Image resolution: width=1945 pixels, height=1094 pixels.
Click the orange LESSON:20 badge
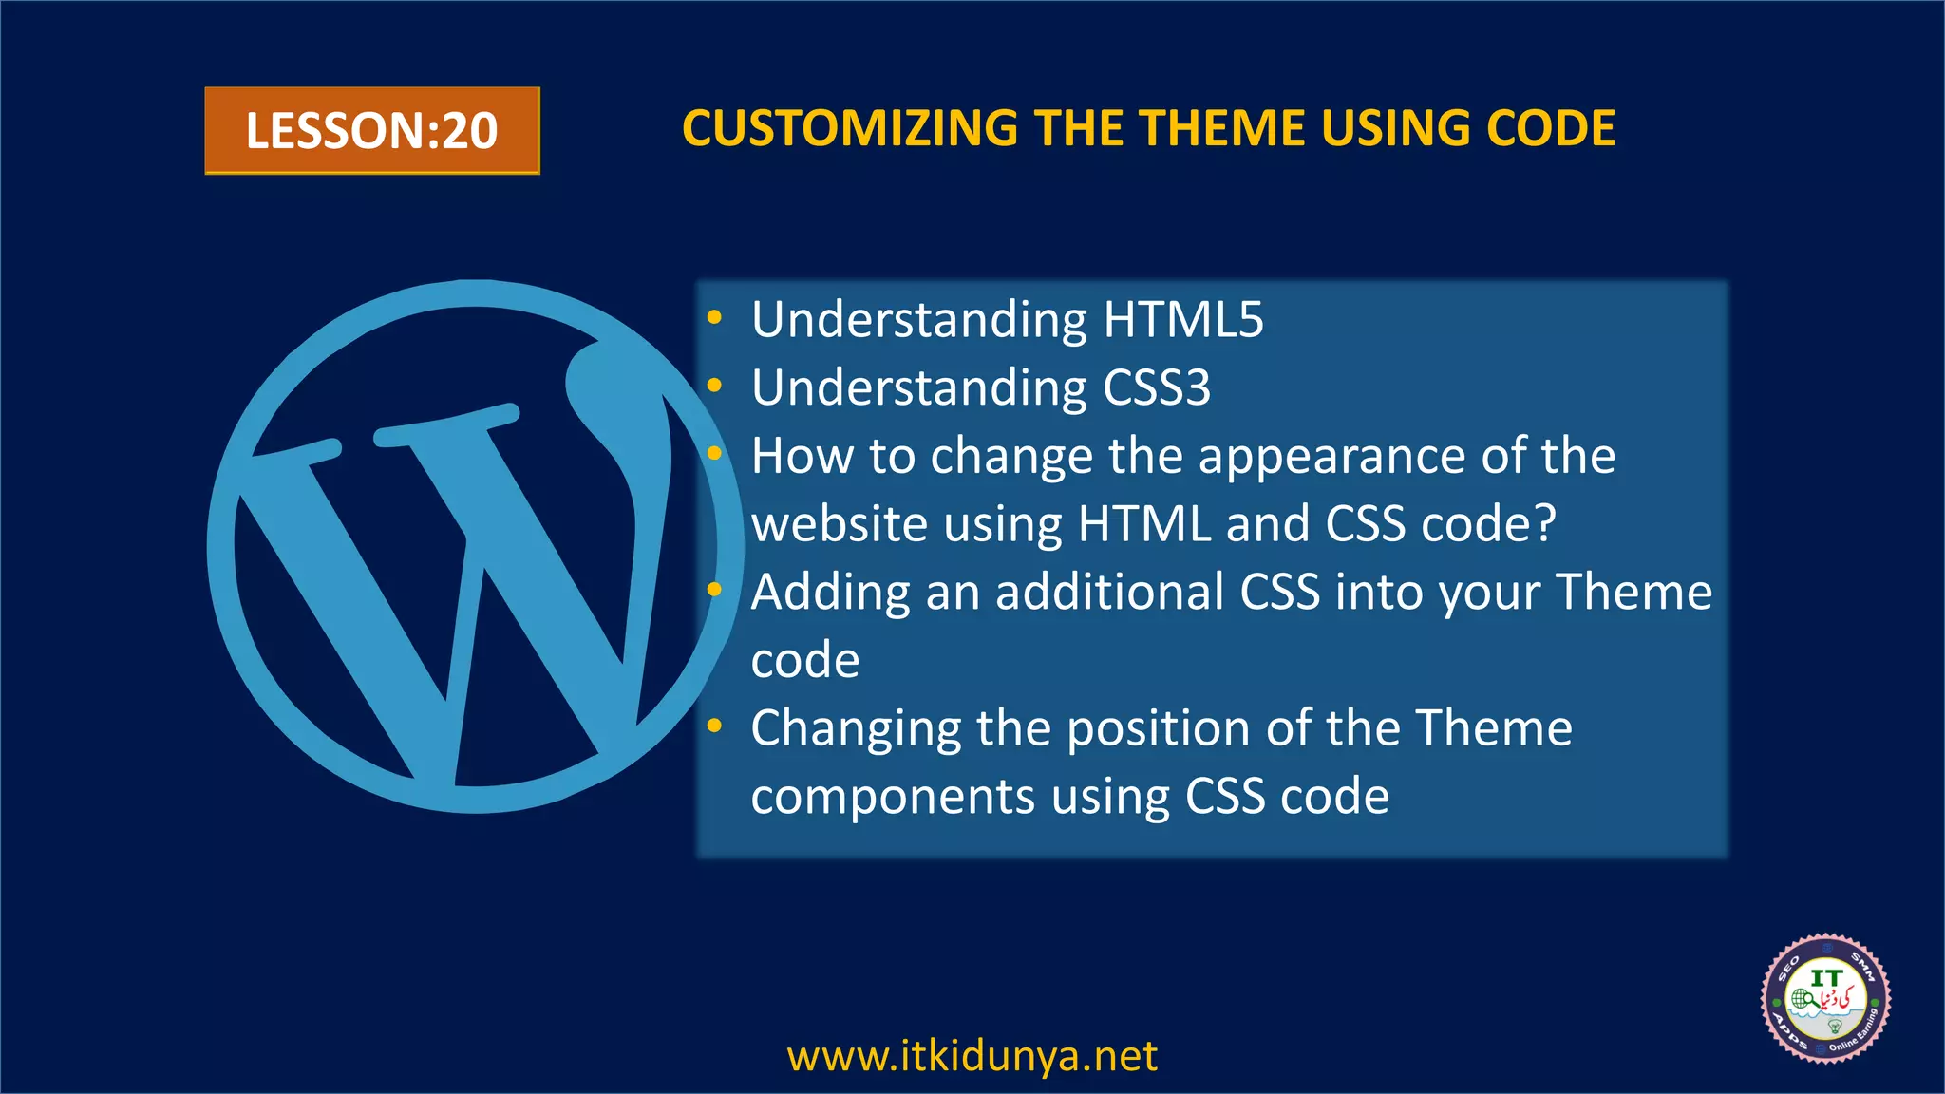click(371, 130)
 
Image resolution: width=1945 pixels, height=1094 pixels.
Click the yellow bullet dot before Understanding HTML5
click(715, 318)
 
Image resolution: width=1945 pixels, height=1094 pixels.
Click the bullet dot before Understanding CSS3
click(715, 386)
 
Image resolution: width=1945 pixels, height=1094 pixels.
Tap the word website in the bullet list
click(829, 524)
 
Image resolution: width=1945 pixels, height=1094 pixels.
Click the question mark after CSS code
click(1545, 523)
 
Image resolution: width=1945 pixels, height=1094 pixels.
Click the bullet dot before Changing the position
click(715, 727)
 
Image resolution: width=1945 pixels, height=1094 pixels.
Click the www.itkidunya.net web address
click(972, 1056)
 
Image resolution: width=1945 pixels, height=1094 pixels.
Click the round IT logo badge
click(1824, 998)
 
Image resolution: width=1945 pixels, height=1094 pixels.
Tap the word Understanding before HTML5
click(918, 320)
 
